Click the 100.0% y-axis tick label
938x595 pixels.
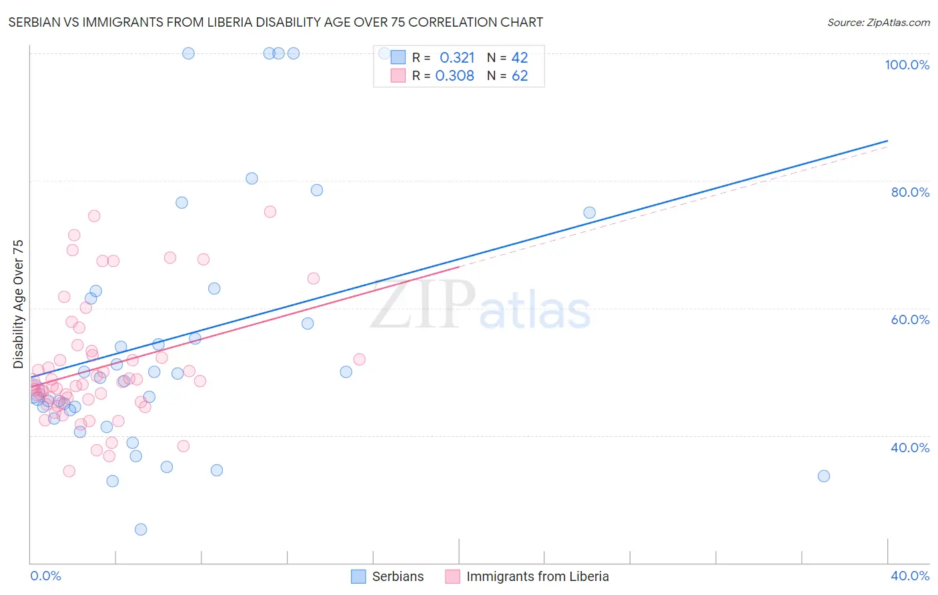point(907,65)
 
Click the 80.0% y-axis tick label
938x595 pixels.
point(910,192)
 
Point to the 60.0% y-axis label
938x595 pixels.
point(910,320)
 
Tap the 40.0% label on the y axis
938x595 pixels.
point(910,448)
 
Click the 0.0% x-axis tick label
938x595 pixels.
point(45,576)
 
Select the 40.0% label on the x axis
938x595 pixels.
point(910,576)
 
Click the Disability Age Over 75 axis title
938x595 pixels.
point(19,304)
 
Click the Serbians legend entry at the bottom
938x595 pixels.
point(398,576)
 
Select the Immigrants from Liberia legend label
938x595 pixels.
point(537,576)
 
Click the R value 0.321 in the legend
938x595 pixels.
point(457,58)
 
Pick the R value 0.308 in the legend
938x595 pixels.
point(455,76)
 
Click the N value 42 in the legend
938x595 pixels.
point(520,58)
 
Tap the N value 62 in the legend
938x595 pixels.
point(520,76)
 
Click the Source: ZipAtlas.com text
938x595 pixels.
point(878,23)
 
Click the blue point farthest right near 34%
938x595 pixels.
point(824,476)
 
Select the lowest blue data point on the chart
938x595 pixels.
point(141,529)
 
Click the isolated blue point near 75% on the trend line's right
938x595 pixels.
point(590,213)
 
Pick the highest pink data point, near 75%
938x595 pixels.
point(270,211)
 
